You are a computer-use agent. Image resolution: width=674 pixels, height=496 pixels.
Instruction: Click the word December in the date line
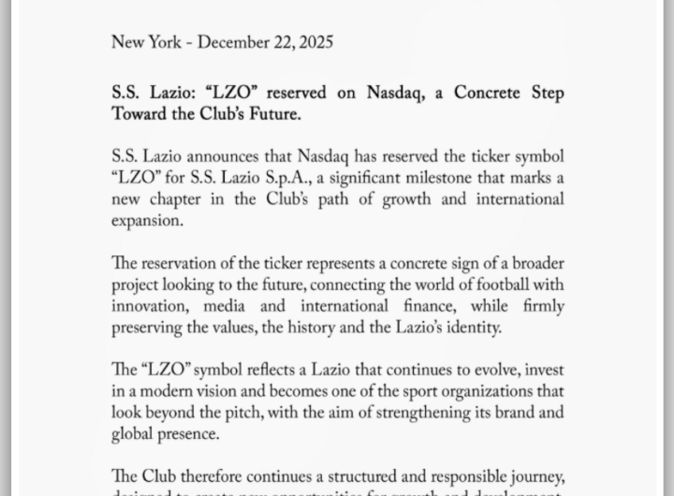pyautogui.click(x=233, y=43)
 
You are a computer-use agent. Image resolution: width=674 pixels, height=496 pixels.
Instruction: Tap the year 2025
pyautogui.click(x=312, y=43)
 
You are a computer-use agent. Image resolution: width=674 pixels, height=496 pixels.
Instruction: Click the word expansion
pyautogui.click(x=146, y=221)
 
